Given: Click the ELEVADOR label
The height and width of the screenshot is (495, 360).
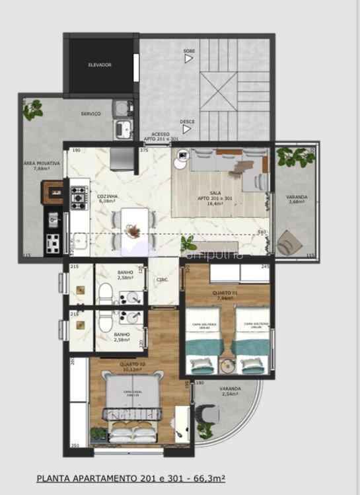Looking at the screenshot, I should coord(100,65).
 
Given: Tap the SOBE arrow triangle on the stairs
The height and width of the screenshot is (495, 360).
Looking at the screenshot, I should coord(189,59).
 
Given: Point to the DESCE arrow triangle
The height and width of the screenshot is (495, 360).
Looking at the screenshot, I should coord(187,129).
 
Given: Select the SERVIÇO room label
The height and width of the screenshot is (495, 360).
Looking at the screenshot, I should coord(90,114).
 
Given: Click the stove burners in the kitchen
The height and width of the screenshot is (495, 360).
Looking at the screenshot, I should coord(79,195).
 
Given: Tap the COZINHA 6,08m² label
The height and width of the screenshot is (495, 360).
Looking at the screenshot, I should coord(107,199).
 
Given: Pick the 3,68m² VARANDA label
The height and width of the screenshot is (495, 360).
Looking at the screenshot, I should coord(296,199).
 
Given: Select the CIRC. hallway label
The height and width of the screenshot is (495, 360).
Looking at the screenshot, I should coord(162,280).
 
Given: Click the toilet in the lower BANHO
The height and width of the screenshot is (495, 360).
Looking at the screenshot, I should coord(106,323).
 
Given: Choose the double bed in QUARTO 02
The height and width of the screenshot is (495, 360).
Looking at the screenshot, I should coord(132,406).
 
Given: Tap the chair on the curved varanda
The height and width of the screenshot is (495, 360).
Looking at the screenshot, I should coord(209,412).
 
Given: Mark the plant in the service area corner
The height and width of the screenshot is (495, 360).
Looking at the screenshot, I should coord(32,110).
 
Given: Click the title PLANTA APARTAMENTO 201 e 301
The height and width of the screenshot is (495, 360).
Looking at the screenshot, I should coord(131,476).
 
